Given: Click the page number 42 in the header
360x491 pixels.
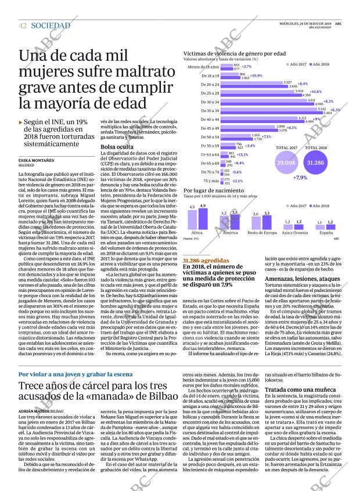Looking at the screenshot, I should tap(23, 26).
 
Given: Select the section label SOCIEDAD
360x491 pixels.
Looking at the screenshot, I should tap(51, 26).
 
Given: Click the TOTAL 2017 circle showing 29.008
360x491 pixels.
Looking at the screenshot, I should tap(286, 164).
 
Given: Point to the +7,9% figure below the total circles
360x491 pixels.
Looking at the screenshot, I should tap(301, 178).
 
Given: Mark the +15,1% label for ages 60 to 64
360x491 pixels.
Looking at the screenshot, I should tap(242, 154).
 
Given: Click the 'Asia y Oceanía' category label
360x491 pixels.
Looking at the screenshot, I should tap(294, 232).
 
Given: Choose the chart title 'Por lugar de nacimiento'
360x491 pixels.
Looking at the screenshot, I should tap(211, 190).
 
